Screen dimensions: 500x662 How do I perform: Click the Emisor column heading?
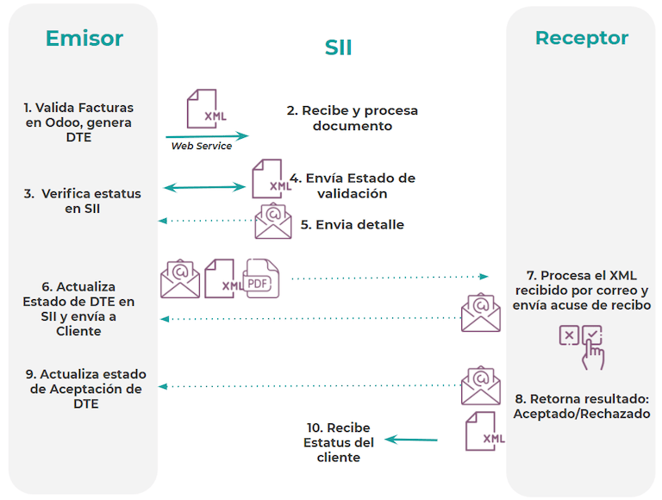[84, 39]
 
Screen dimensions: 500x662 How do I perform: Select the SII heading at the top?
[338, 48]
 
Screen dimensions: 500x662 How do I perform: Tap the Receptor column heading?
[581, 38]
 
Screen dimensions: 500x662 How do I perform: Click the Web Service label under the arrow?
[201, 147]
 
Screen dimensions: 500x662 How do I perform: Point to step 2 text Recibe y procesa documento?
[352, 118]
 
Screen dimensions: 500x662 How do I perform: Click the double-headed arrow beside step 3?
[205, 186]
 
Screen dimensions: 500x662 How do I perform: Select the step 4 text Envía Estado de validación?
[352, 185]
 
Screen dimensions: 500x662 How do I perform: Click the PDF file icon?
[262, 278]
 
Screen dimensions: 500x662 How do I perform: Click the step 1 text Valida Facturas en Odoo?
[78, 122]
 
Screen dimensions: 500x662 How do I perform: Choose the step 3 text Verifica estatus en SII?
[82, 201]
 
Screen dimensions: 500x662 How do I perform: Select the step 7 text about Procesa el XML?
[581, 291]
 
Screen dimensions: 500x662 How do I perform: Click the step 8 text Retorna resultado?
[581, 406]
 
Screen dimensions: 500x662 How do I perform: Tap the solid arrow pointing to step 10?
[410, 440]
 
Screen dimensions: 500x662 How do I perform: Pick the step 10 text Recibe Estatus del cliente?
[339, 442]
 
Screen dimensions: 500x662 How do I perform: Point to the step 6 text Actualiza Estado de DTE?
[78, 309]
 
